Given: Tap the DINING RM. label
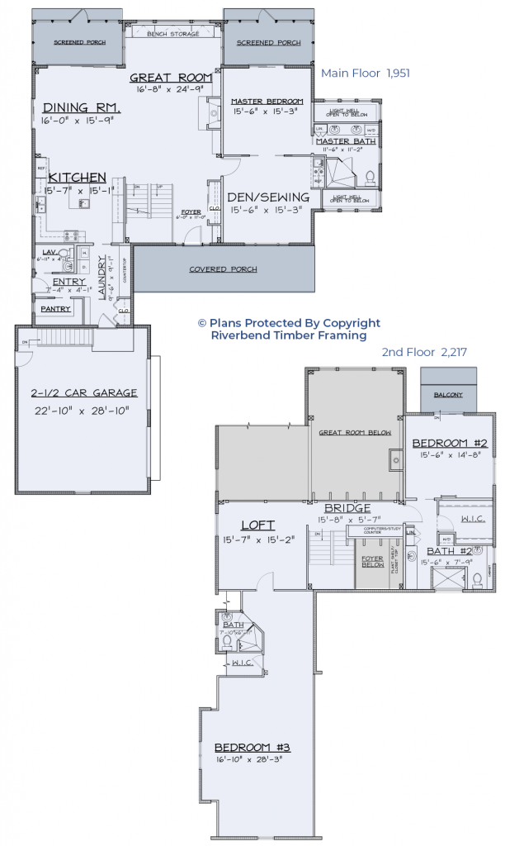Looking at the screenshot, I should click(83, 107).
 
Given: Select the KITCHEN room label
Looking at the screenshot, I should click(77, 178).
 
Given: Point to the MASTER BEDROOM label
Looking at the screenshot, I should click(267, 101).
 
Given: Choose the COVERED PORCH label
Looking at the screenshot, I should click(223, 269).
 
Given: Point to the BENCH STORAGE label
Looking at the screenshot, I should click(173, 34).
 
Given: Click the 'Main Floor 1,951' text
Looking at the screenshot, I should click(365, 74).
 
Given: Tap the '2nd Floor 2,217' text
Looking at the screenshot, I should click(424, 352).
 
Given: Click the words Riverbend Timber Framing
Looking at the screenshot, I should click(289, 335).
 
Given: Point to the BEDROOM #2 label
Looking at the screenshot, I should click(450, 443).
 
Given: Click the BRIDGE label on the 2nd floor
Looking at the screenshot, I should click(347, 508).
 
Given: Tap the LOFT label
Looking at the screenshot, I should click(257, 525).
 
